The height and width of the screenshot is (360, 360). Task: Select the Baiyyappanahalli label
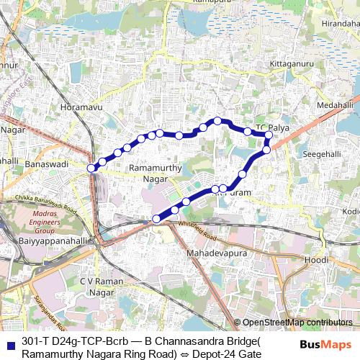pyautogui.click(x=44, y=241)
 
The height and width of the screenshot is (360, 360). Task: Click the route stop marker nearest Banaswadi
pyautogui.click(x=91, y=168)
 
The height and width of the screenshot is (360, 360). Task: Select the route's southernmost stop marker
pyautogui.click(x=156, y=219)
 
